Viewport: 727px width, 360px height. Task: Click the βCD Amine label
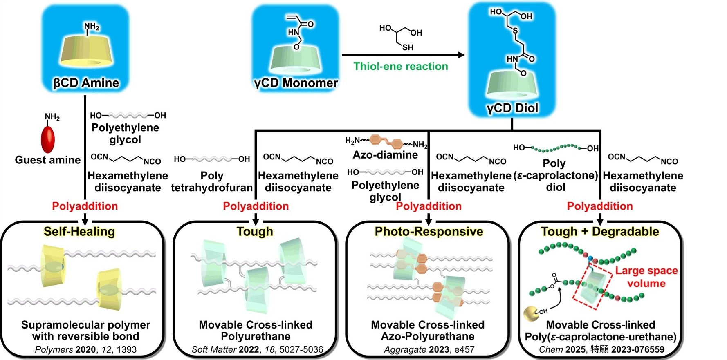point(86,83)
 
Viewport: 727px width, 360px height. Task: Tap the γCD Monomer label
point(296,83)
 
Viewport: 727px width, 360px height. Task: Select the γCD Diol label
point(512,108)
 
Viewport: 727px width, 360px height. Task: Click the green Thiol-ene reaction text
point(401,66)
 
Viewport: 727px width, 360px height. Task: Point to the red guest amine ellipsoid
point(48,139)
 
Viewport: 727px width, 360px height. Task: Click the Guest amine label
point(48,160)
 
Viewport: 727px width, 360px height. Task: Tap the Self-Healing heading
point(79,232)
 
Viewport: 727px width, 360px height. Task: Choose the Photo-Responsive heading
point(429,232)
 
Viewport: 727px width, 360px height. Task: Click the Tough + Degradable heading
point(600,232)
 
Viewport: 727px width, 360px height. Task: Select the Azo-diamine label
point(386,155)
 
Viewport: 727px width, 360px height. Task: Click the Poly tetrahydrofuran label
point(212,182)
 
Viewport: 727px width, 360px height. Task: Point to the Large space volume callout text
point(646,277)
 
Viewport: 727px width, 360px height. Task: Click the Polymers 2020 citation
point(86,349)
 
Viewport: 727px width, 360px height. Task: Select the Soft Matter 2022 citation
point(257,349)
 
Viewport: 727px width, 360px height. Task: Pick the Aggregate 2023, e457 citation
point(429,349)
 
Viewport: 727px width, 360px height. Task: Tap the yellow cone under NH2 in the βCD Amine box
point(86,51)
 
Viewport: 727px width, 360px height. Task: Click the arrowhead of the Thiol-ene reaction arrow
point(461,55)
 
